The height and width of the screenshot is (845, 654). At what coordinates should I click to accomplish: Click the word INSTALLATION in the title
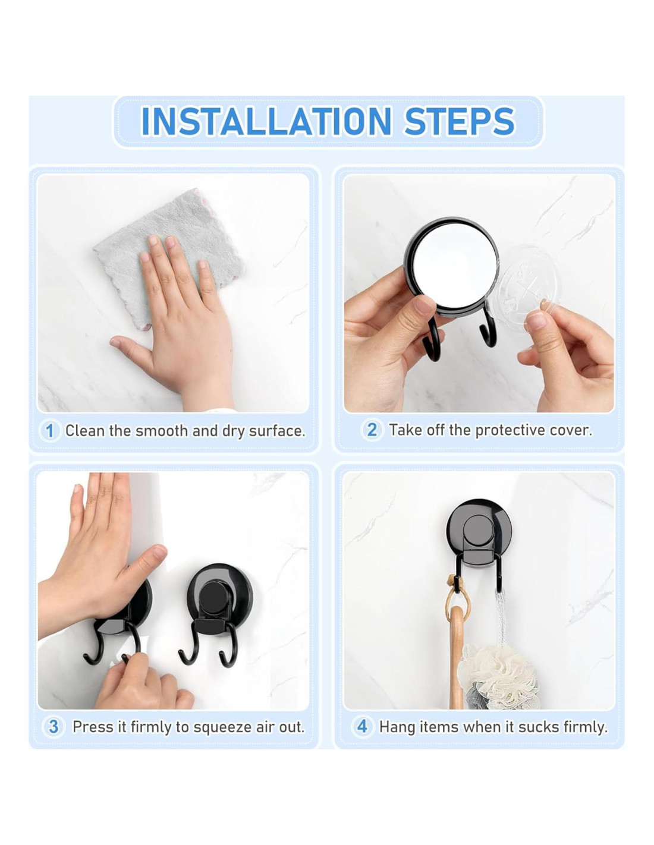click(x=266, y=121)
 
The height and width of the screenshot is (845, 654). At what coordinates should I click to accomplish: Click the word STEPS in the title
click(x=460, y=121)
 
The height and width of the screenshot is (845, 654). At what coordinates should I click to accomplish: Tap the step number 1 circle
click(x=50, y=431)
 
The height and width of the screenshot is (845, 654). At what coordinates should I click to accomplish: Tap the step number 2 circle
click(x=372, y=430)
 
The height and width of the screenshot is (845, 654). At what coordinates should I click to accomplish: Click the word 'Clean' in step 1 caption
click(x=86, y=430)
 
